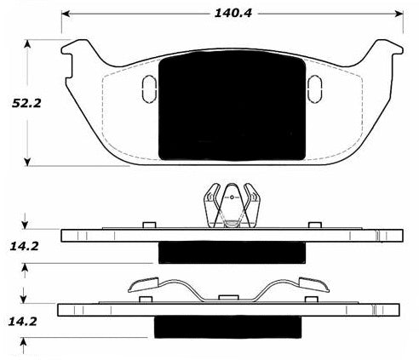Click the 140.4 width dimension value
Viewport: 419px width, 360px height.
click(233, 13)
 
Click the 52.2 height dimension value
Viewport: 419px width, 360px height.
click(26, 103)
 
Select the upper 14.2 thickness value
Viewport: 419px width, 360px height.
click(24, 246)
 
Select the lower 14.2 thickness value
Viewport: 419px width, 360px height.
click(23, 322)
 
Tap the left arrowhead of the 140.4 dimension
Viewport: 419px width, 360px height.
click(66, 14)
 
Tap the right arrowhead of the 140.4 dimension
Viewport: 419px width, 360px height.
click(399, 14)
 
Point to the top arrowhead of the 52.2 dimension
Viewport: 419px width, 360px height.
click(27, 44)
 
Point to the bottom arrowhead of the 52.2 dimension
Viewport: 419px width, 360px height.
click(27, 162)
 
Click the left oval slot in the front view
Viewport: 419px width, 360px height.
click(149, 89)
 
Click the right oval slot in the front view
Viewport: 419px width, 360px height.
click(314, 89)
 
